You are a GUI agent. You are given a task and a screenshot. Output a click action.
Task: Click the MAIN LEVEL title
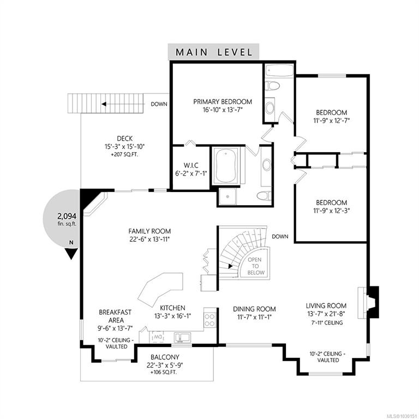[214, 52]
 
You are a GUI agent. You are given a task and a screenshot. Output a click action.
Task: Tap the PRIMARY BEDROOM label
[223, 101]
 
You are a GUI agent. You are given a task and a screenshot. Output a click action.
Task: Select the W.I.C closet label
[191, 165]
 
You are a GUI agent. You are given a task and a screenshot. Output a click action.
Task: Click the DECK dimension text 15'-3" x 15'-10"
[124, 146]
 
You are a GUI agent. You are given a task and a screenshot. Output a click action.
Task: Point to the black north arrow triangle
[71, 254]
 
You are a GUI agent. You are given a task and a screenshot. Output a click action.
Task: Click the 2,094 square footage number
[67, 216]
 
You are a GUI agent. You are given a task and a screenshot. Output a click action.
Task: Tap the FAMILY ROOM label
[149, 231]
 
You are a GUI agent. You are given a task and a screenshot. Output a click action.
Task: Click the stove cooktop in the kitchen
[209, 320]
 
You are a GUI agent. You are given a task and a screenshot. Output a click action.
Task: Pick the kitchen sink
[182, 337]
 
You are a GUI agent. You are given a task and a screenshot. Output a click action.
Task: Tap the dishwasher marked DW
[157, 337]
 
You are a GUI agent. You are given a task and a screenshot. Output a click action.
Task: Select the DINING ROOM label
[254, 309]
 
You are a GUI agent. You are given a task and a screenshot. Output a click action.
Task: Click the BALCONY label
[165, 357]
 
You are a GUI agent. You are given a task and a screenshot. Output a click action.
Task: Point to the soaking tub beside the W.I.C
[226, 166]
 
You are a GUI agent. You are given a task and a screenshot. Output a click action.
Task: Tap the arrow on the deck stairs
[122, 104]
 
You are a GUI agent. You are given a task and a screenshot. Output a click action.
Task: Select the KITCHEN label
[172, 308]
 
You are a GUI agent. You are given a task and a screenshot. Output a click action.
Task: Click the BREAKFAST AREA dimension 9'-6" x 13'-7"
[115, 328]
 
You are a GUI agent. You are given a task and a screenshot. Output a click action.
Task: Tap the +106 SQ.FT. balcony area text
[164, 372]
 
